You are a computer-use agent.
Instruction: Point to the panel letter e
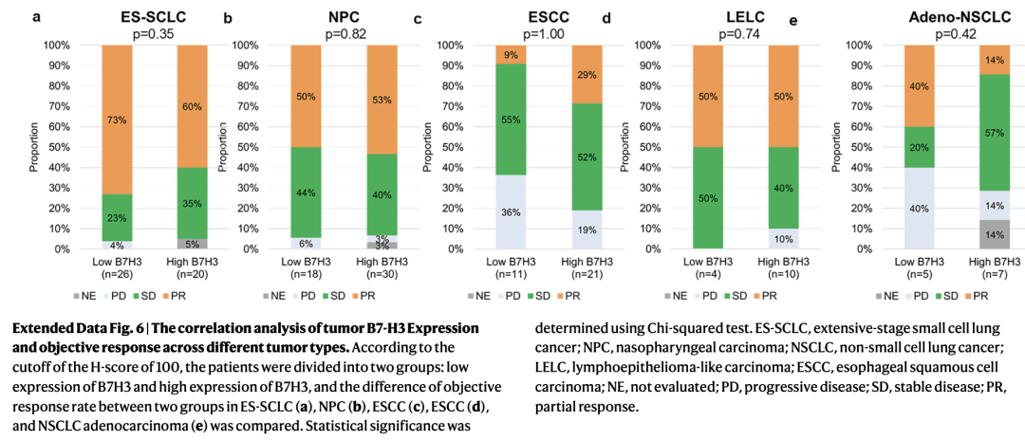point(793,19)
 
